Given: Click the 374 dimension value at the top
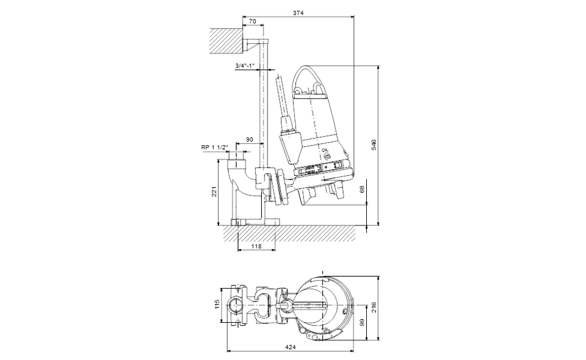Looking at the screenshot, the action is [x=298, y=13].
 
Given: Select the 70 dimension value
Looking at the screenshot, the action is [x=253, y=21].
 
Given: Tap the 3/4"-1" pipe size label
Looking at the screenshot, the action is [x=245, y=66].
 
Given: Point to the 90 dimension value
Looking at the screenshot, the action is [x=249, y=140].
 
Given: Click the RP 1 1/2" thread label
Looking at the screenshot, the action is [x=214, y=148].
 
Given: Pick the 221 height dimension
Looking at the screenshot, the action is [x=214, y=192].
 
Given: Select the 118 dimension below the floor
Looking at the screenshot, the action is [x=256, y=246].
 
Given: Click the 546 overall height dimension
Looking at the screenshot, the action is [x=374, y=145].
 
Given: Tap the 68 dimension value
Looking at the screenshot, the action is [x=362, y=190].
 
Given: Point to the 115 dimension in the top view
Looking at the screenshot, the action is [x=217, y=304].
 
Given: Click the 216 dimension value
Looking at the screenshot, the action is [x=374, y=308].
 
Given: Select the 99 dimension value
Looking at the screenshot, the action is [x=362, y=323].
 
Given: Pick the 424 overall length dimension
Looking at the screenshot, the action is [x=291, y=347].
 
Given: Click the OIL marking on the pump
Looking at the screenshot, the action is [x=324, y=151].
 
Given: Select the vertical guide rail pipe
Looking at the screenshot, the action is [x=263, y=104].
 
